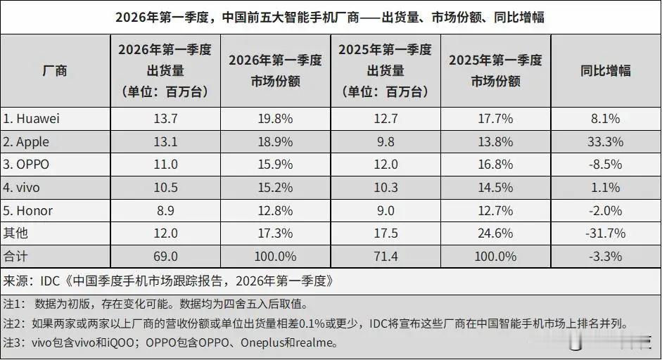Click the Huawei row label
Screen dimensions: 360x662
(34, 119)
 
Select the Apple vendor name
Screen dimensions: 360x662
(28, 142)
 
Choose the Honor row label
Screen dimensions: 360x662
(29, 211)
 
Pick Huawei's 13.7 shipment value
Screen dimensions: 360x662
(165, 119)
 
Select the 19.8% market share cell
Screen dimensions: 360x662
(275, 119)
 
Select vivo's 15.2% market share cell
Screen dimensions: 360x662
(275, 188)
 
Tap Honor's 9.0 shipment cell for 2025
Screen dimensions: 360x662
(385, 211)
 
